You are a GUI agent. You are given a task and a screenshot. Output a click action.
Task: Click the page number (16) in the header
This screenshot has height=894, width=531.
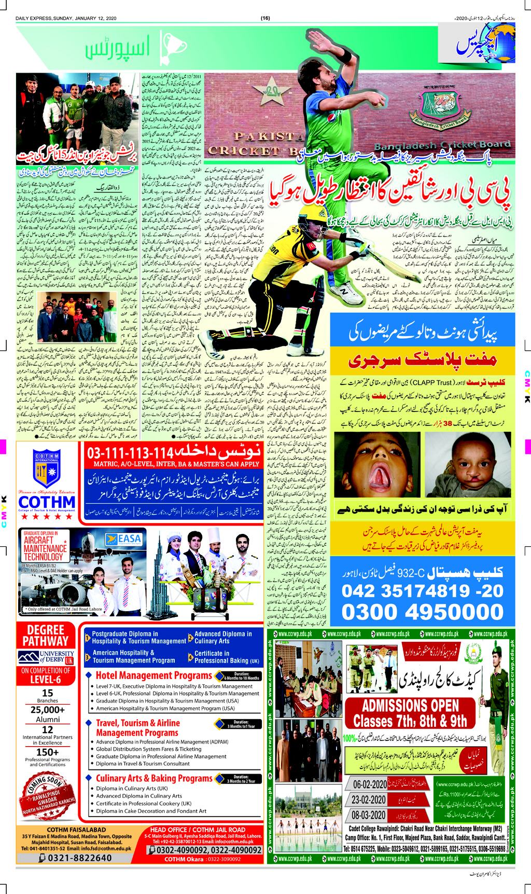tap(265, 19)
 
